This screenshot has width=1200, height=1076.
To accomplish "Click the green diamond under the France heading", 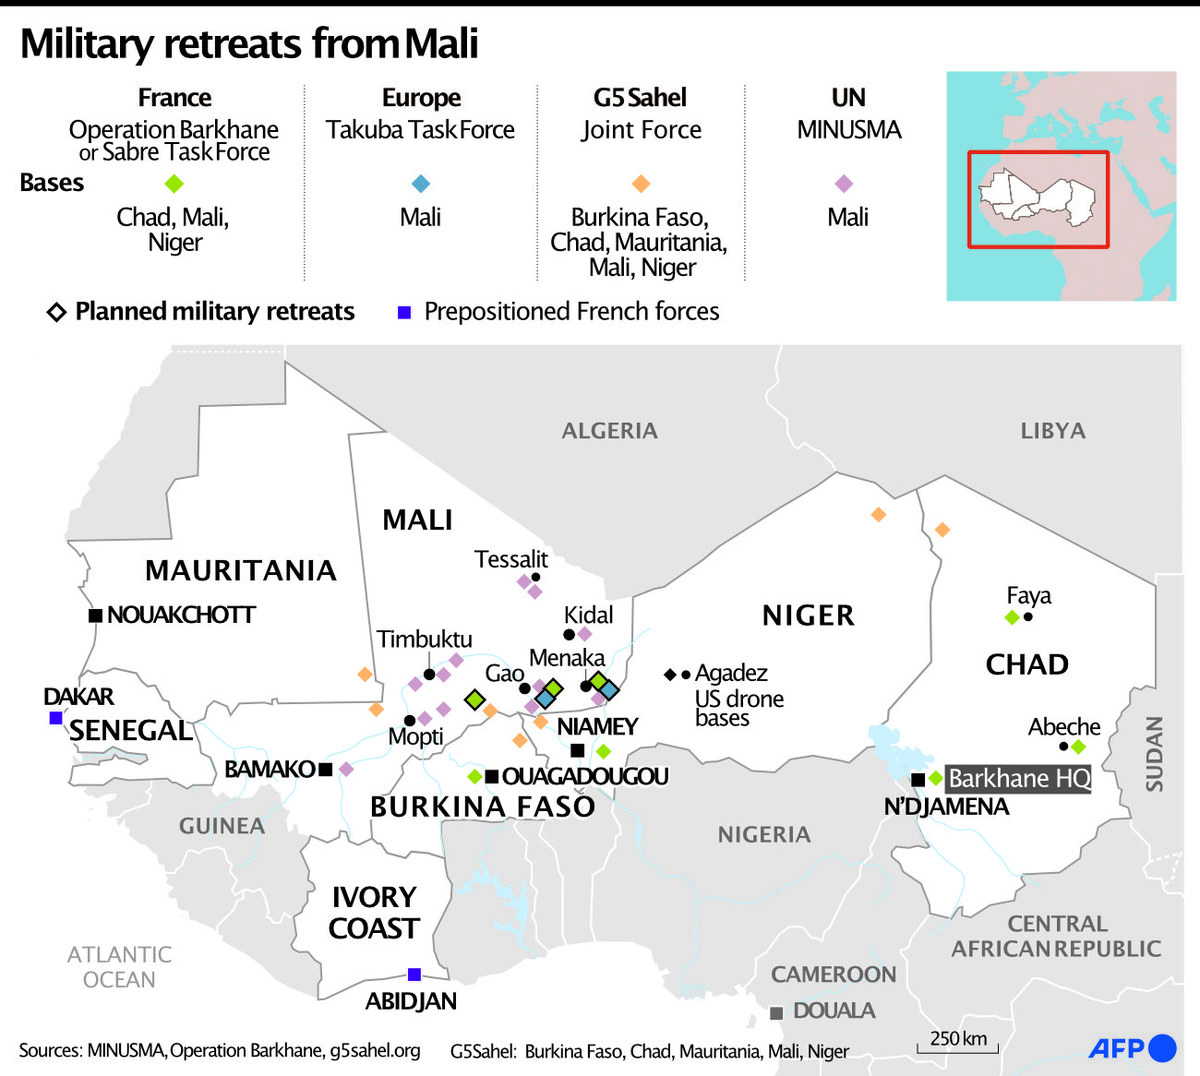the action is [174, 183].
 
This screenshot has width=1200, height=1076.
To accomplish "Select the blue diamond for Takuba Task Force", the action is [421, 183].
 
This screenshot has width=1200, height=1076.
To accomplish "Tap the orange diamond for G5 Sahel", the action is [641, 183].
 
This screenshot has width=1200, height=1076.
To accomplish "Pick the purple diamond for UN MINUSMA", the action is [844, 183].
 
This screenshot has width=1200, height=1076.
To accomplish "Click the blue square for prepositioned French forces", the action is [404, 312].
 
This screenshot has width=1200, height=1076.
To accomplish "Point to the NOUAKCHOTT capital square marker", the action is [95, 615].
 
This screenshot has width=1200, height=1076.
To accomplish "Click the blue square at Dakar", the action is [56, 718].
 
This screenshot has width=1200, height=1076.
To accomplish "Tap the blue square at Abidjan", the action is [414, 974].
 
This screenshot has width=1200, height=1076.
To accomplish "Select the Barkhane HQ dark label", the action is [1018, 779].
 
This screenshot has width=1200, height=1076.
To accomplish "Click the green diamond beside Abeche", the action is [1078, 746].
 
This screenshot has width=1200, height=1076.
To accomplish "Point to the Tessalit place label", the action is [511, 559].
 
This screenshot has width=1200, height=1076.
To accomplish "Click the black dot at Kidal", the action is [569, 634].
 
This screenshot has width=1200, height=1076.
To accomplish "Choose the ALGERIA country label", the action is [609, 431].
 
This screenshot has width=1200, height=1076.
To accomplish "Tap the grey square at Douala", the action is [776, 1013].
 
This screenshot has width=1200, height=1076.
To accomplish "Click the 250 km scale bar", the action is [957, 1046].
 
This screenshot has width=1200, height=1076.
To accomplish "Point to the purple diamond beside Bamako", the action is [346, 769].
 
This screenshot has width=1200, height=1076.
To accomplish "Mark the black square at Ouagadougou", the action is [491, 776].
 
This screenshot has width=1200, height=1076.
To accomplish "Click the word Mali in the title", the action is [441, 44].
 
